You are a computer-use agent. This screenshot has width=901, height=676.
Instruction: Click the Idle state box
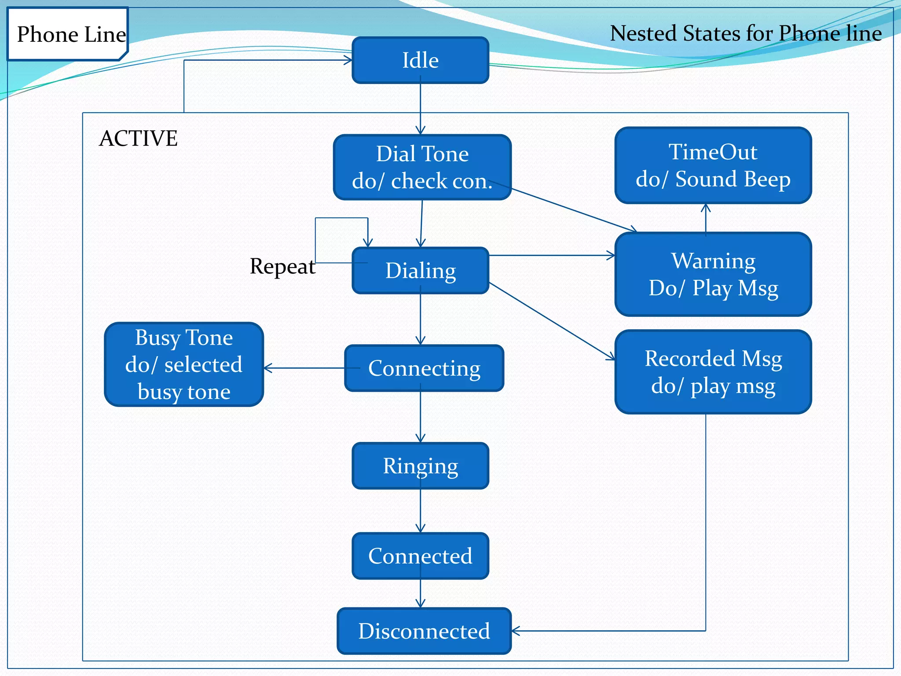click(420, 60)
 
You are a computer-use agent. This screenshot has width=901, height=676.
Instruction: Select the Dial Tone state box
click(422, 167)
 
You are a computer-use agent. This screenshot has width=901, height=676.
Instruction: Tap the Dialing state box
click(420, 270)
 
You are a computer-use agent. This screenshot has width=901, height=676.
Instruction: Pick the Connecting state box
click(424, 368)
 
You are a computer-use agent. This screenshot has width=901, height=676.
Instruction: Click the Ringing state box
click(420, 466)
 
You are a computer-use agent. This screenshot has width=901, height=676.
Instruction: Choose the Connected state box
click(420, 556)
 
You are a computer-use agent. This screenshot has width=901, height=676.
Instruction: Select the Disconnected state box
click(424, 631)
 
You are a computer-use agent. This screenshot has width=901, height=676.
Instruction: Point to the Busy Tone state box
click(184, 364)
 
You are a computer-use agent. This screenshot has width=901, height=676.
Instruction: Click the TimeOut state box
click(713, 165)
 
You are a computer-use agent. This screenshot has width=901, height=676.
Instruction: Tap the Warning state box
click(713, 274)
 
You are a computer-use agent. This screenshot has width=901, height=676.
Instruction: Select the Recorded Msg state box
click(713, 372)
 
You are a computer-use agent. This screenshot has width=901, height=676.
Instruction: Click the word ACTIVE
click(138, 138)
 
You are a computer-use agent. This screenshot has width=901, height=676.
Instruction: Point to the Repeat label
click(282, 266)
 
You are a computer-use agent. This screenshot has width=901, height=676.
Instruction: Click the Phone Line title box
click(68, 34)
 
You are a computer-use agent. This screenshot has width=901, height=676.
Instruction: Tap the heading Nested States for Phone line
click(746, 33)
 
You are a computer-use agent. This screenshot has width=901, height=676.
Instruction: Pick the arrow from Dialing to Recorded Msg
click(552, 321)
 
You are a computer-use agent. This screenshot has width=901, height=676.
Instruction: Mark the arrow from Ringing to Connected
click(421, 511)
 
